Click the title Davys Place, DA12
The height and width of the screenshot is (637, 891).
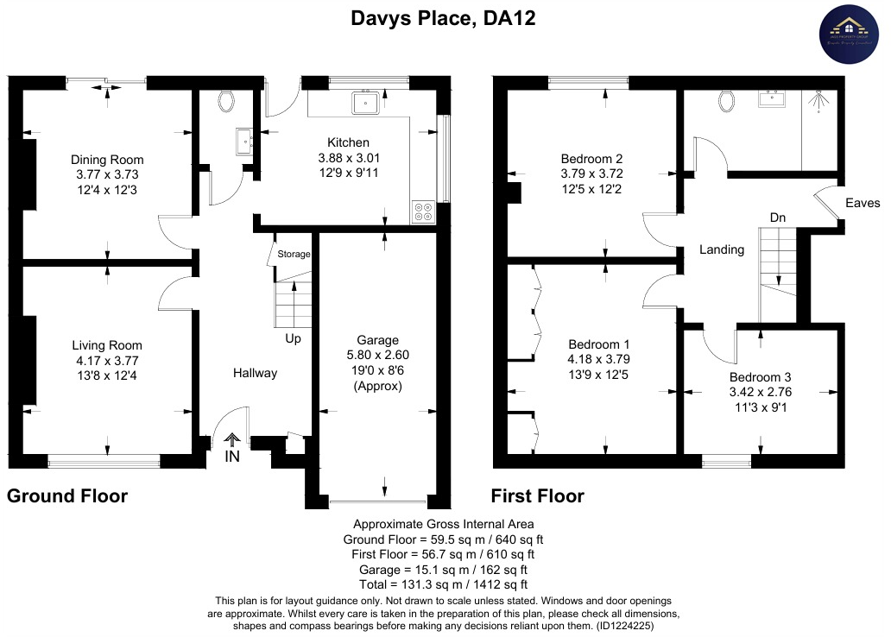pyautogui.click(x=443, y=18)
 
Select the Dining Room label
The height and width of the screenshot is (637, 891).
pyautogui.click(x=107, y=160)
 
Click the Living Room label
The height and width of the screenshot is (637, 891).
pyautogui.click(x=107, y=346)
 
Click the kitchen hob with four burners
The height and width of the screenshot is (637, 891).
pyautogui.click(x=424, y=211)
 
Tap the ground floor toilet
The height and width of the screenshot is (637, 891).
pyautogui.click(x=227, y=102)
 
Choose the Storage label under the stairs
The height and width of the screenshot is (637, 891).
pyautogui.click(x=294, y=255)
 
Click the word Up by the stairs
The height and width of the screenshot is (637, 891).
pyautogui.click(x=294, y=339)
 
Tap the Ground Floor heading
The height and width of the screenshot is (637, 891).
pyautogui.click(x=67, y=496)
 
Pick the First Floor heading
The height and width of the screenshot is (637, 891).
pyautogui.click(x=537, y=496)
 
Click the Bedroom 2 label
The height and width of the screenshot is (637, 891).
pyautogui.click(x=591, y=159)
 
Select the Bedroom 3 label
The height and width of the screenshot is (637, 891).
pyautogui.click(x=760, y=377)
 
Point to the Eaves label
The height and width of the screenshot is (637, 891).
pyautogui.click(x=863, y=204)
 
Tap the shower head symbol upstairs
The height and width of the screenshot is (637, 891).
pyautogui.click(x=818, y=100)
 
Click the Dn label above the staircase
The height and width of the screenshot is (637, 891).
pyautogui.click(x=778, y=218)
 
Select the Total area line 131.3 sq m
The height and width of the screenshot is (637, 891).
pyautogui.click(x=443, y=584)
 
